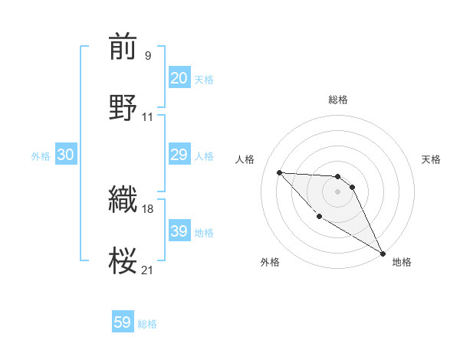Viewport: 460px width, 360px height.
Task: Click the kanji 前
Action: coord(123,47)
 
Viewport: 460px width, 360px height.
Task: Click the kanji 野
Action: coord(123,107)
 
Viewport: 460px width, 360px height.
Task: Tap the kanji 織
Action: coord(123,200)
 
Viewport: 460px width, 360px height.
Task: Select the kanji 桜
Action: coord(123,260)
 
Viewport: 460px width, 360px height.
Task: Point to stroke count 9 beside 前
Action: coord(147,55)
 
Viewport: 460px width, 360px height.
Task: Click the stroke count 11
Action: coord(148,116)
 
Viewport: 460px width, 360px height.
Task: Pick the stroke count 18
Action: coord(148,208)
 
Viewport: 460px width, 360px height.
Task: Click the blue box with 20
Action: coord(179,78)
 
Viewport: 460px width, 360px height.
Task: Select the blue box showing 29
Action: coord(179,155)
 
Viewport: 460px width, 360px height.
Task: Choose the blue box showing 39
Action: coord(179,231)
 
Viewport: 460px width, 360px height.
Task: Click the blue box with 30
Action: coord(66,155)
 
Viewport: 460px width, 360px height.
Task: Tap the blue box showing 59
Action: coord(123,322)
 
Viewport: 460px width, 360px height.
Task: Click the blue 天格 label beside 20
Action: coord(204,80)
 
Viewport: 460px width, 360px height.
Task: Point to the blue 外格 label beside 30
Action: coord(41,156)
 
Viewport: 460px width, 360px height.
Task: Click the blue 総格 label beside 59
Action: coord(147,324)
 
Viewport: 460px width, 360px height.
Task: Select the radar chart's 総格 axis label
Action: coord(338,100)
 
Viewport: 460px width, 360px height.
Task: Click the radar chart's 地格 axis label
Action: coord(402,262)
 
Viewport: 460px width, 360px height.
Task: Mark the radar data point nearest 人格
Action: coord(279,172)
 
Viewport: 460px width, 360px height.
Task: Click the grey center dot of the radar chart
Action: coord(337,191)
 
